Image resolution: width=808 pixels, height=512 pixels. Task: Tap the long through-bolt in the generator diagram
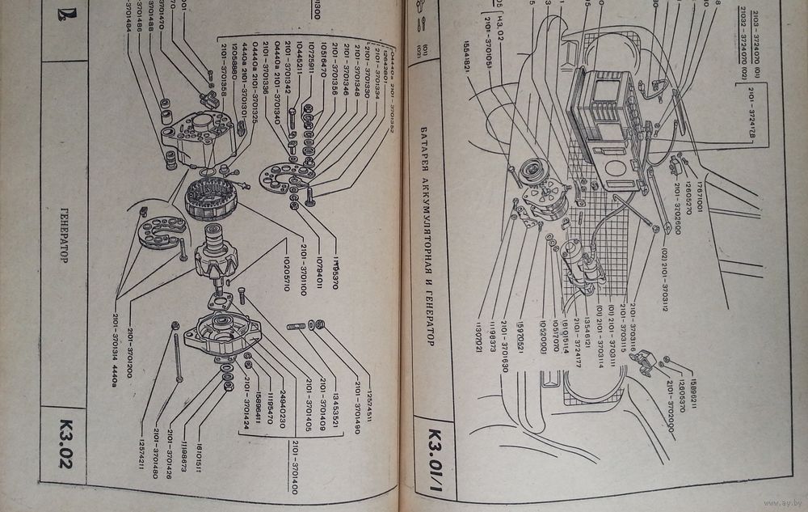[x=179, y=355]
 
